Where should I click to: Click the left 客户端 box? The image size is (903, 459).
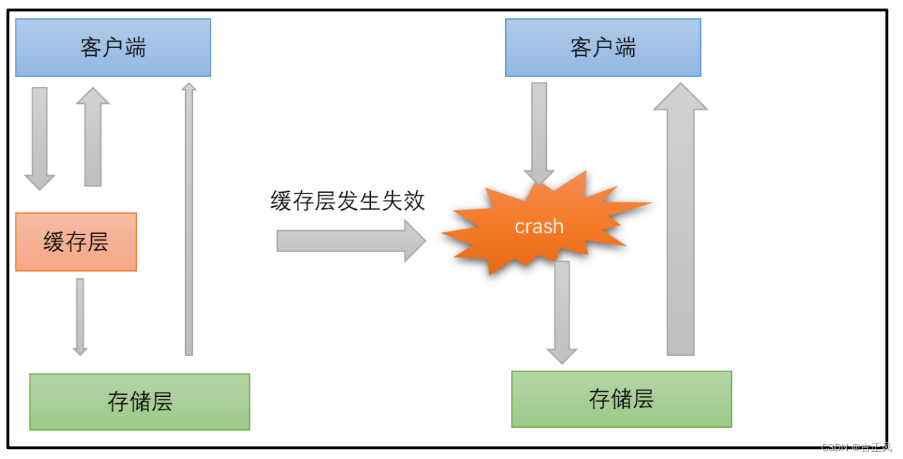[113, 47]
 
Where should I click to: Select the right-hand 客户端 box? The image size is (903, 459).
[603, 47]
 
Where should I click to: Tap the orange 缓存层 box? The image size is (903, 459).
[76, 242]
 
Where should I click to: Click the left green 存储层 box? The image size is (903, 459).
[139, 402]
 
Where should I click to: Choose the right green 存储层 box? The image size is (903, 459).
[621, 399]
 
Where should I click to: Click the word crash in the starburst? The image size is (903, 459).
[539, 227]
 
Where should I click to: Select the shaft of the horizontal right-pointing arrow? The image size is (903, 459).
[339, 241]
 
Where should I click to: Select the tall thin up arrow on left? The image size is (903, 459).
[189, 219]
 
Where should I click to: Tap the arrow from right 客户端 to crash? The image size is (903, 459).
[538, 131]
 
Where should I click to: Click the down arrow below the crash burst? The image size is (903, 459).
[562, 311]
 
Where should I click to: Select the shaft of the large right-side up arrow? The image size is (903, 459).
[680, 233]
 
